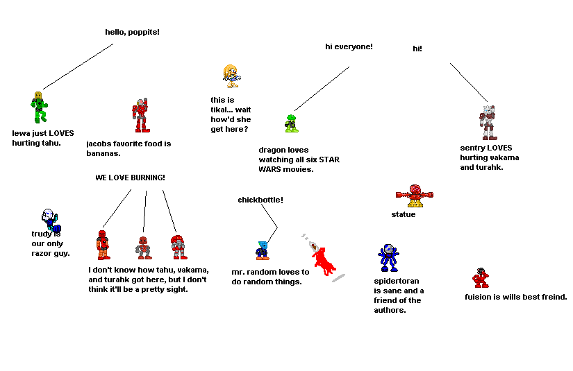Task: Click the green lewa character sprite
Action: pyautogui.click(x=38, y=108)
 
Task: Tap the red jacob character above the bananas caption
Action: pyautogui.click(x=140, y=115)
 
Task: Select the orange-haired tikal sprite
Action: pyautogui.click(x=231, y=76)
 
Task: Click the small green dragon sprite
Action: pyautogui.click(x=292, y=123)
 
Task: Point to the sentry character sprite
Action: pyautogui.click(x=488, y=122)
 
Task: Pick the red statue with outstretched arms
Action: pyautogui.click(x=415, y=196)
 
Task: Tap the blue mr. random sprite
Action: pyautogui.click(x=262, y=250)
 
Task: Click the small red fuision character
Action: pyautogui.click(x=480, y=277)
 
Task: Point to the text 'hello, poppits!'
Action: pyautogui.click(x=132, y=32)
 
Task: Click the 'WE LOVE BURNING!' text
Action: pyautogui.click(x=130, y=178)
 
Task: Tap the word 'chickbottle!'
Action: pyautogui.click(x=260, y=200)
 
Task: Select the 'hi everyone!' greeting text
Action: pyautogui.click(x=349, y=46)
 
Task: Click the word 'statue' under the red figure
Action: pyautogui.click(x=403, y=214)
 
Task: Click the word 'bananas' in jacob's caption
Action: pyautogui.click(x=103, y=153)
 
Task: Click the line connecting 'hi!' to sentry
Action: pyautogui.click(x=470, y=83)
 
